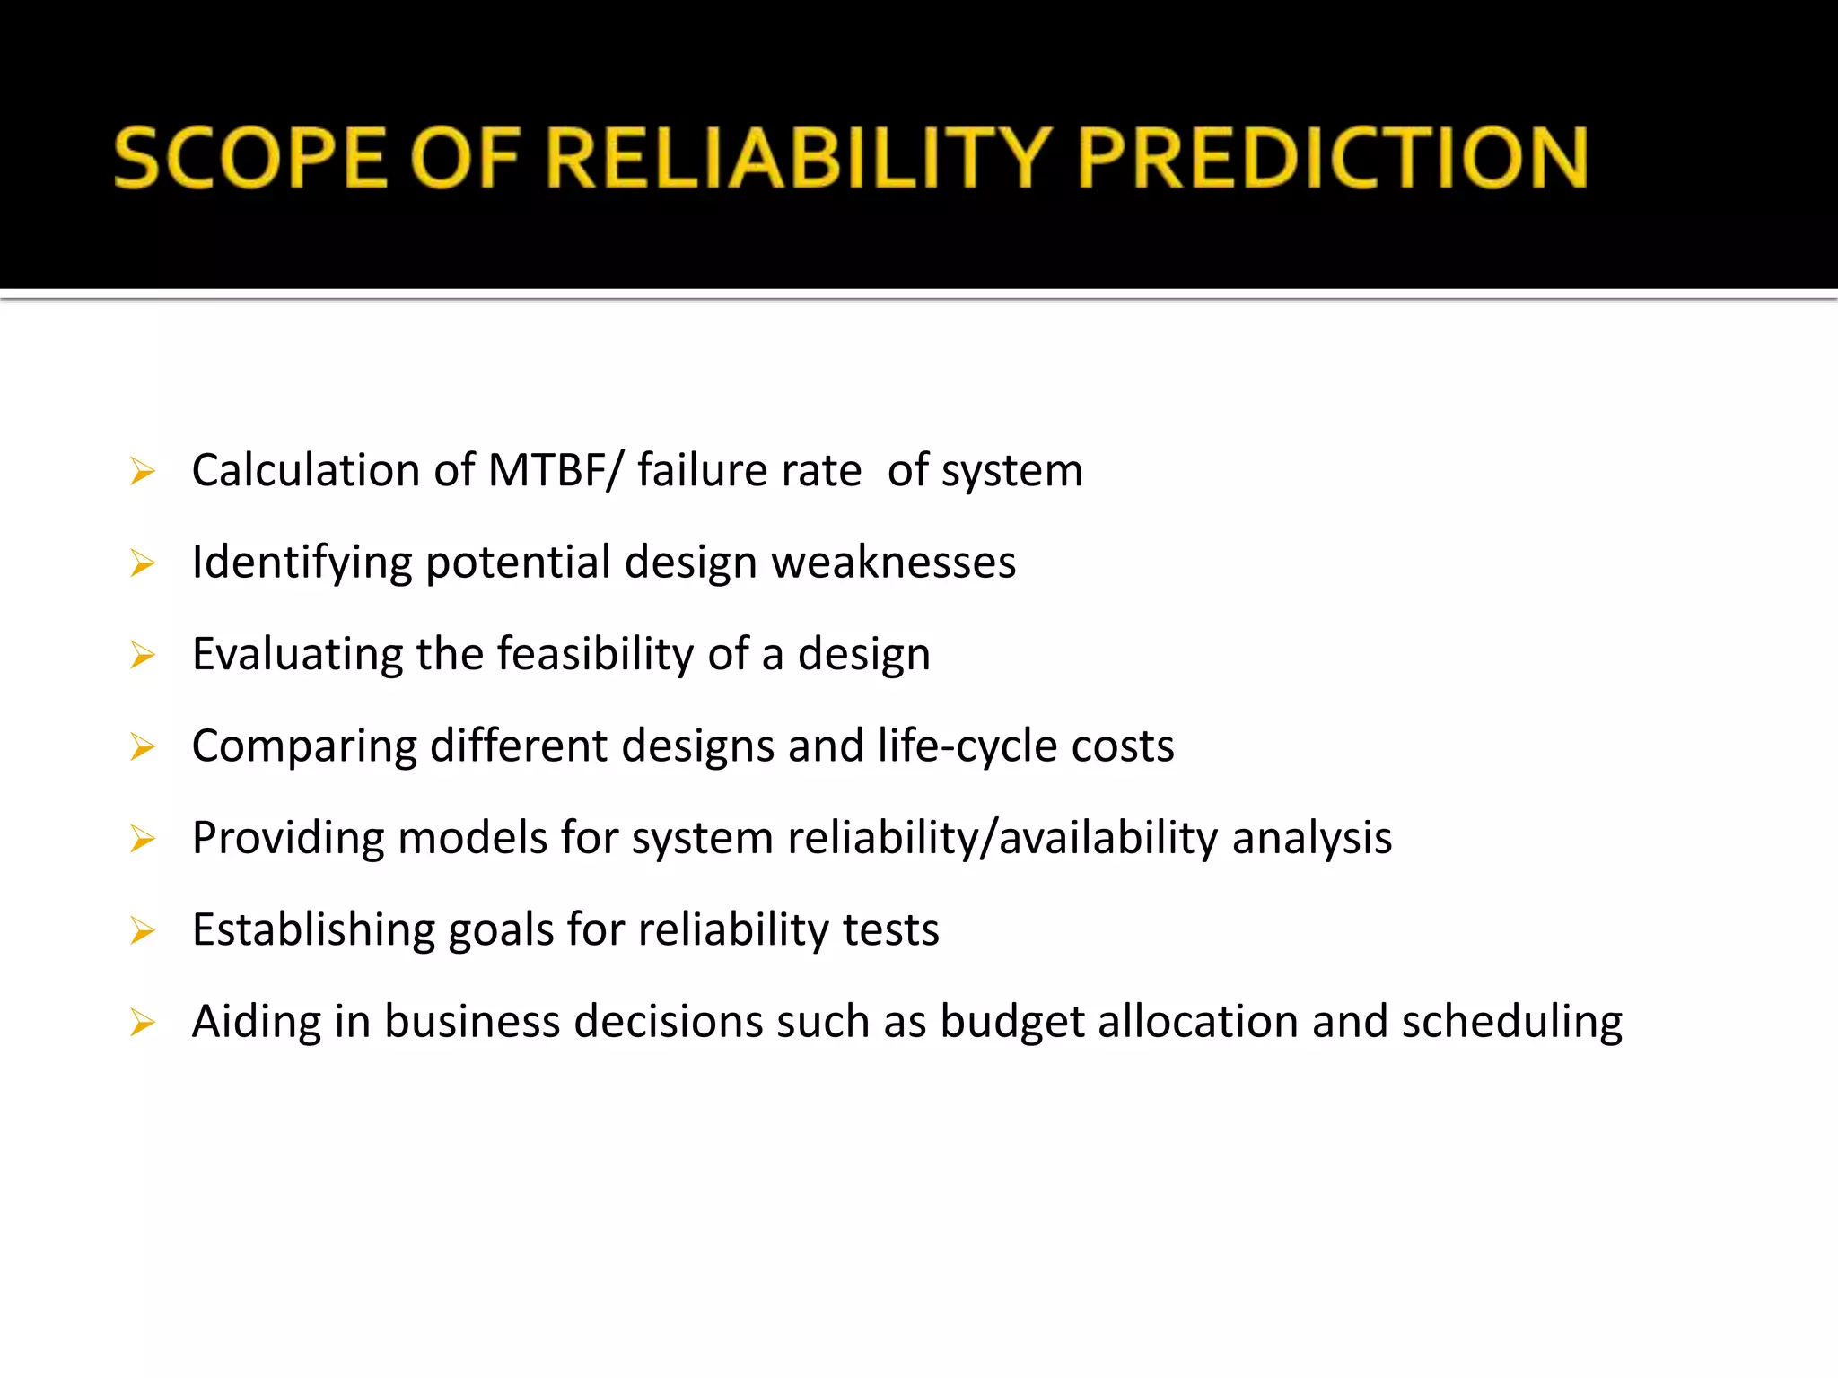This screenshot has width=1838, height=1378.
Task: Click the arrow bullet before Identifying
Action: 143,563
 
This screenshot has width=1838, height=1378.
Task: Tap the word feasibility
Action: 595,654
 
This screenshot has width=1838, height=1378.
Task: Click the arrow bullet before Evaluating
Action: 143,656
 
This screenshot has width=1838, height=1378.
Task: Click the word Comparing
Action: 304,746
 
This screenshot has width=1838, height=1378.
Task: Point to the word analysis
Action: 1311,838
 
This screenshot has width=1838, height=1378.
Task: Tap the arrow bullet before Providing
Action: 143,840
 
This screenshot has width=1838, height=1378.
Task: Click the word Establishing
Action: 313,929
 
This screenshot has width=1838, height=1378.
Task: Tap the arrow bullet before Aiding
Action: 143,1023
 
